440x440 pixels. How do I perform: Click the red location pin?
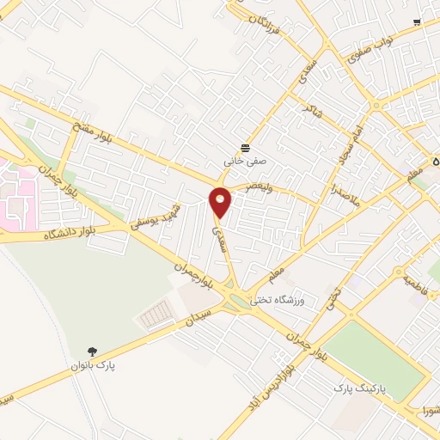221,202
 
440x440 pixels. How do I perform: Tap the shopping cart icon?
417,22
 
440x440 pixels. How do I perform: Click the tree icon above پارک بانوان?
93,351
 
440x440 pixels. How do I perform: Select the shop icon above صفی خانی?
246,146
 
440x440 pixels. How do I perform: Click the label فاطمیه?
415,278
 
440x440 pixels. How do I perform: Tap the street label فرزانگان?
265,29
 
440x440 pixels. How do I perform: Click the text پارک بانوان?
95,366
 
